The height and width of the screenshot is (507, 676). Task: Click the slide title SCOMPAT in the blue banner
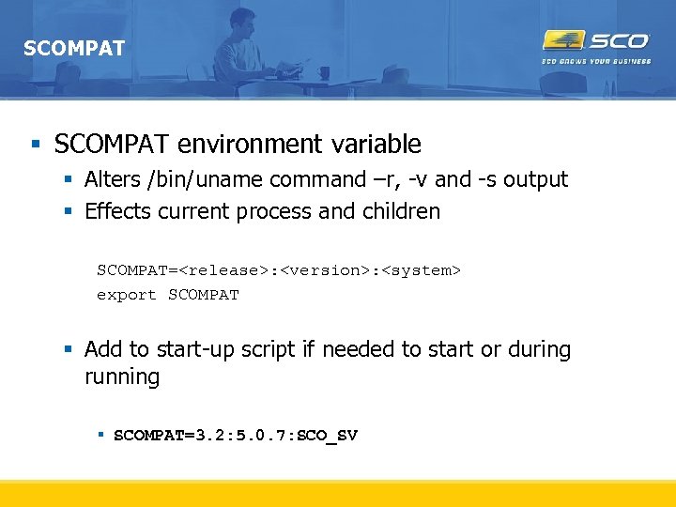(x=73, y=48)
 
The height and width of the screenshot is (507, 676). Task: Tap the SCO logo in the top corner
(x=596, y=41)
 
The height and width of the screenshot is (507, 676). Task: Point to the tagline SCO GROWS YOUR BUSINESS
(x=596, y=62)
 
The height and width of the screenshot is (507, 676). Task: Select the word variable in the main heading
(x=376, y=145)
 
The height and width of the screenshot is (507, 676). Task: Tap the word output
(x=535, y=179)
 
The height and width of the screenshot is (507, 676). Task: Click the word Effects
(x=117, y=211)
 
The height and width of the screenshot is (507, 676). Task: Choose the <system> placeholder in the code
(x=421, y=270)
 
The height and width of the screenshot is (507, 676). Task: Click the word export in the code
(x=127, y=295)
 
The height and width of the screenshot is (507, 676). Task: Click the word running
(x=122, y=377)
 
